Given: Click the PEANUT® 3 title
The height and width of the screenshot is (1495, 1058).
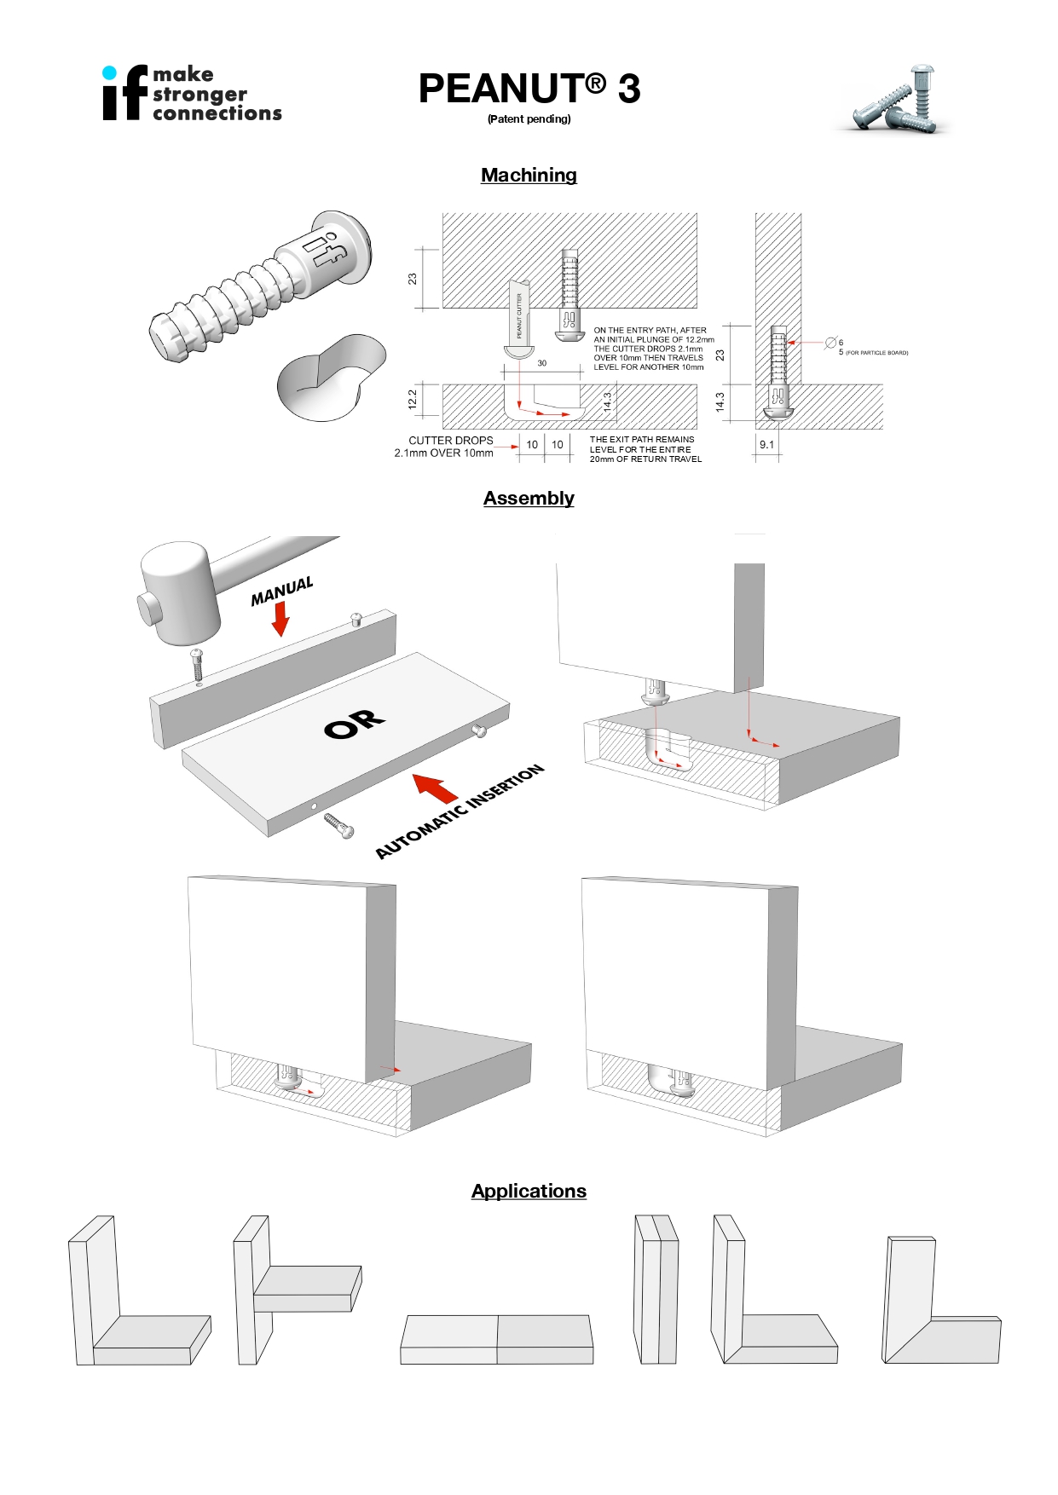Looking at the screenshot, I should tap(529, 89).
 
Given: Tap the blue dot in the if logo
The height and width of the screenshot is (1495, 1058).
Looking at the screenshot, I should tap(109, 72).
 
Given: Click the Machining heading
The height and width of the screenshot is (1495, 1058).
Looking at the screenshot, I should tap(529, 175).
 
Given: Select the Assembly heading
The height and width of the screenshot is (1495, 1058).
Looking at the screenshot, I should tap(529, 498).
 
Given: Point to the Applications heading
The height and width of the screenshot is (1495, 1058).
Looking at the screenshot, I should tap(529, 1191).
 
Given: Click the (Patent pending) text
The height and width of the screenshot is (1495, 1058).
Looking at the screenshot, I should tap(529, 119).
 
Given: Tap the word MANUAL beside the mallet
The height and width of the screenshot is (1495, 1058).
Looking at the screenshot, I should tap(281, 591).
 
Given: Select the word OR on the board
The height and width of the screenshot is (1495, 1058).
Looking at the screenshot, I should tap(355, 724).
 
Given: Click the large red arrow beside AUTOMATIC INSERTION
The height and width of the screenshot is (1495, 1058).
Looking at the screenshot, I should tap(436, 788).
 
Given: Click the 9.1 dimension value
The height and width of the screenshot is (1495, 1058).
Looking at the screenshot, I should tap(766, 445).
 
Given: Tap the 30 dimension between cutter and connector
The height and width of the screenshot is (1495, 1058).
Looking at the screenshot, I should tap(541, 363).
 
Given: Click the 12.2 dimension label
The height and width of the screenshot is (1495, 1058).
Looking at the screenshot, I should tap(413, 399).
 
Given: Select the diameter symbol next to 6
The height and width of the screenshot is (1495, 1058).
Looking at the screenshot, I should tap(830, 343).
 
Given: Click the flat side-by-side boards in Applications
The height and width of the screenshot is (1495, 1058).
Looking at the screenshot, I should tap(497, 1339).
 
